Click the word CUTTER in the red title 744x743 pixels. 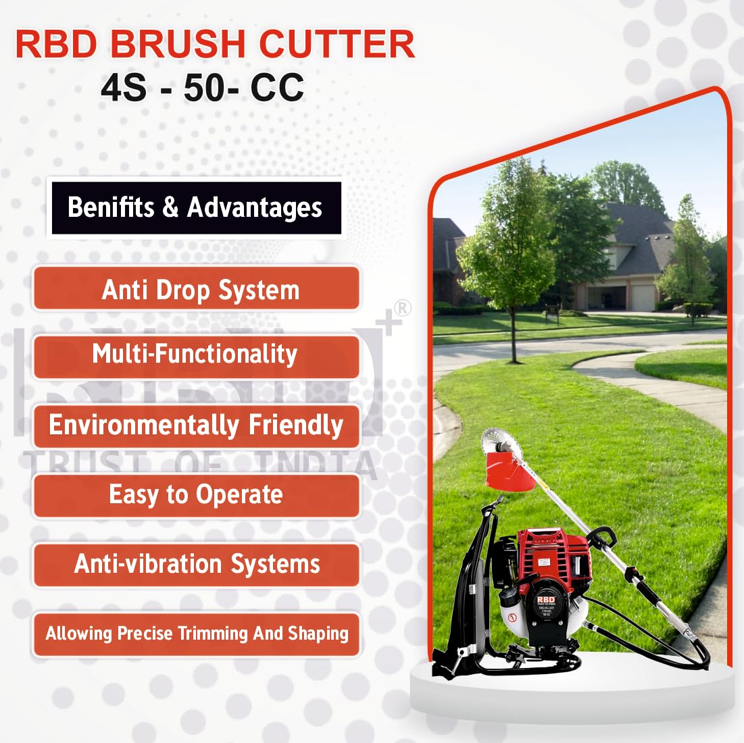pyautogui.click(x=337, y=44)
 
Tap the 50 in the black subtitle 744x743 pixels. pyautogui.click(x=205, y=88)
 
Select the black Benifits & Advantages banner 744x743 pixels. pyautogui.click(x=196, y=207)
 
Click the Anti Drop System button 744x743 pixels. pyautogui.click(x=197, y=288)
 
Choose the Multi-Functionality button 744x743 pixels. pyautogui.click(x=197, y=357)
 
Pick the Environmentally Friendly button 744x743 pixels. pyautogui.click(x=197, y=426)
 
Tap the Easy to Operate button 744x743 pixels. pyautogui.click(x=197, y=495)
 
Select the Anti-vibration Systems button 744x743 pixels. pyautogui.click(x=197, y=565)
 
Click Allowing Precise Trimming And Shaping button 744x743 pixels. pyautogui.click(x=197, y=634)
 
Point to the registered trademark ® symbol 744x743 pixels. pyautogui.click(x=402, y=308)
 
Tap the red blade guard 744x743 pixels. pyautogui.click(x=510, y=471)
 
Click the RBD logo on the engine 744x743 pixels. pyautogui.click(x=545, y=600)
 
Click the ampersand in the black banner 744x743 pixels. pyautogui.click(x=170, y=207)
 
